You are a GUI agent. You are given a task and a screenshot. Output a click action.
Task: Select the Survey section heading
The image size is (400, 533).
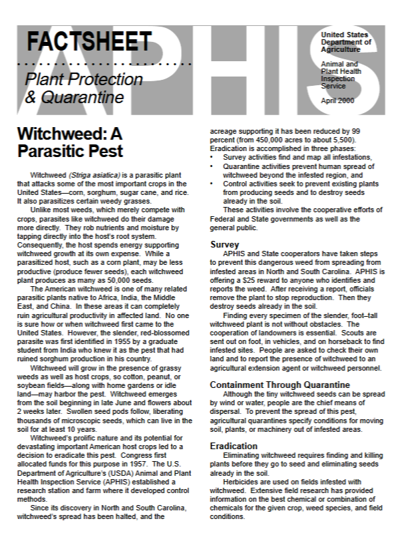point(224,245)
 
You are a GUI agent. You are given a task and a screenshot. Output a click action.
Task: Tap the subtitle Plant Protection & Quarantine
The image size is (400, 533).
point(74,89)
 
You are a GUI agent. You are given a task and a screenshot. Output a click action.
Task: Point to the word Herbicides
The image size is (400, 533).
point(246,480)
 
